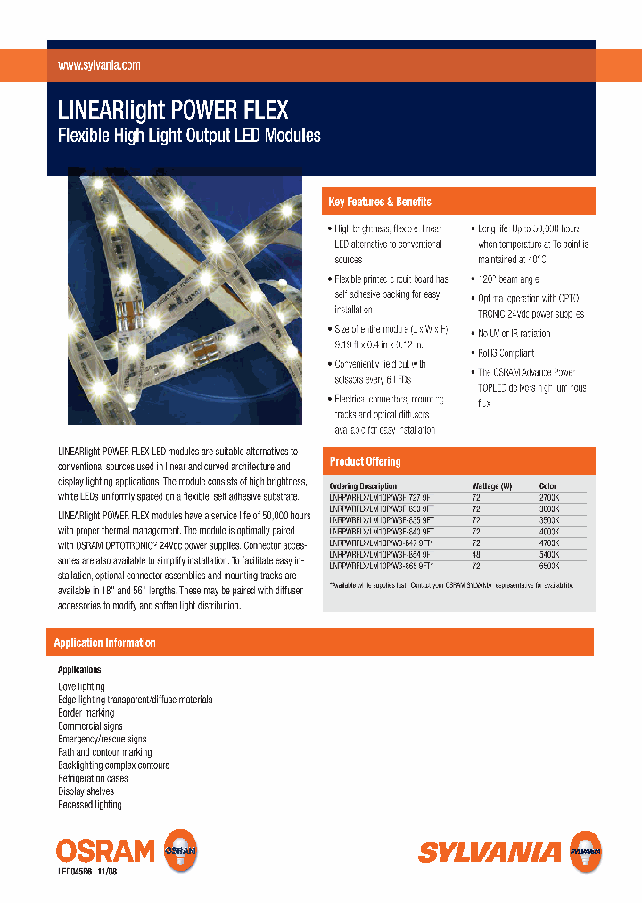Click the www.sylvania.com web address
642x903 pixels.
tap(99, 66)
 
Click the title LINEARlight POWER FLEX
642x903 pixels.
tap(173, 110)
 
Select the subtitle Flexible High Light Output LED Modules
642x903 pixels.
tap(189, 137)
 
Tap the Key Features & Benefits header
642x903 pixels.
tap(380, 203)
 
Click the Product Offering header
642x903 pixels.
tap(366, 461)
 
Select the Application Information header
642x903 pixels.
tap(105, 643)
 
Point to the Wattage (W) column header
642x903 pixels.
tap(491, 486)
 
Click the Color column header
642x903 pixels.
tap(547, 486)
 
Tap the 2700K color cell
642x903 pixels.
tap(549, 497)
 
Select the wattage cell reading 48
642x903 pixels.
tap(476, 555)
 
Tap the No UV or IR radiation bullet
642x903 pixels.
tap(514, 334)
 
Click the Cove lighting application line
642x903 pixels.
tap(81, 687)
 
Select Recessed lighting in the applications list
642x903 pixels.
tap(90, 805)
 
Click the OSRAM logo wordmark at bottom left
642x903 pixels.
tap(105, 850)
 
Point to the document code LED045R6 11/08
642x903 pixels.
tap(87, 872)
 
